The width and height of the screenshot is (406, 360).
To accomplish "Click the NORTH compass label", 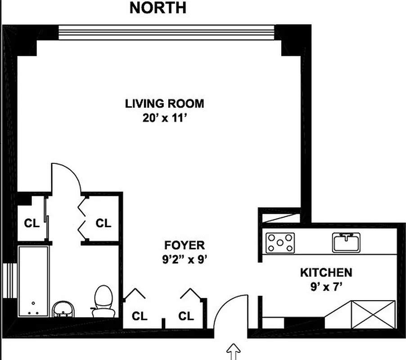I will [x=158, y=8].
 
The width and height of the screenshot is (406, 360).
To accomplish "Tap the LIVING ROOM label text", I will [x=164, y=103].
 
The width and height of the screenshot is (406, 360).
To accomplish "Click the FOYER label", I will [x=185, y=245].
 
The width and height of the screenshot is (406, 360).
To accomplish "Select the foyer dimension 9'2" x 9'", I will [x=185, y=259].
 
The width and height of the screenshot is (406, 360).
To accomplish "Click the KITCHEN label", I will [x=326, y=272].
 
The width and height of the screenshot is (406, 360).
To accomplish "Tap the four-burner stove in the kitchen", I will [x=280, y=243].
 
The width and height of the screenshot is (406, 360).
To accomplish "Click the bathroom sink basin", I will [x=64, y=310].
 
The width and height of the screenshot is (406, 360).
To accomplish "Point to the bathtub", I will [x=33, y=281].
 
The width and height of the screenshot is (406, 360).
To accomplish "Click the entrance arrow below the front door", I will [x=234, y=351].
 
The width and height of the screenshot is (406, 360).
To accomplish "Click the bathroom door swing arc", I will [x=68, y=173].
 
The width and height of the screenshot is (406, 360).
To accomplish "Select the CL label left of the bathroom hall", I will [x=31, y=223].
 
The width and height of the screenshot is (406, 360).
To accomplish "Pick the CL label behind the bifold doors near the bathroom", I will [x=103, y=223].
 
